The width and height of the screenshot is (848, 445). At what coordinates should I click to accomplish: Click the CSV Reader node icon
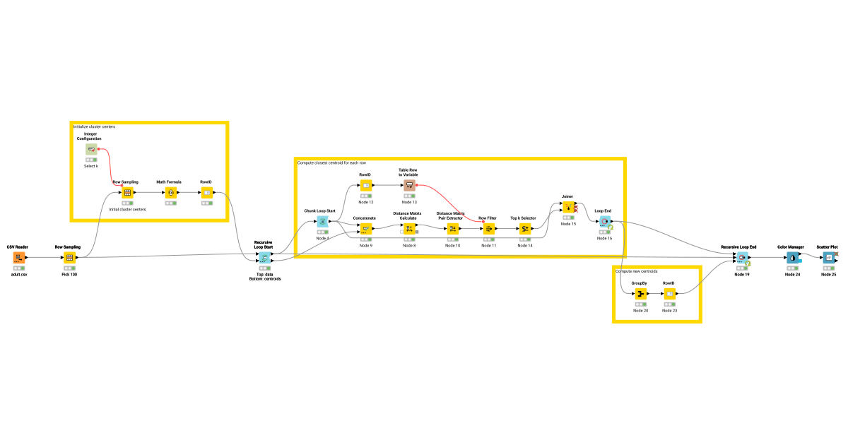[18, 258]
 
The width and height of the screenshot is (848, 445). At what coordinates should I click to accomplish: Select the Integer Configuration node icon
[91, 149]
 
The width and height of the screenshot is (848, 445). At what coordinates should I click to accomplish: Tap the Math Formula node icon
[170, 192]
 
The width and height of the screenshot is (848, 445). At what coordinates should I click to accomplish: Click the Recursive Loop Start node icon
[264, 258]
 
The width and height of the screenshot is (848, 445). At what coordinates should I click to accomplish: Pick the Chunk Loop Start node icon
[322, 221]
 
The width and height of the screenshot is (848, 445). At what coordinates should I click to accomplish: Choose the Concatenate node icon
[366, 228]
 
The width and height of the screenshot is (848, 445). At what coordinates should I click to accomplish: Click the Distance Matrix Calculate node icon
[409, 228]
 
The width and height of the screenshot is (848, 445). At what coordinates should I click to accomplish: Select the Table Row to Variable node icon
[409, 185]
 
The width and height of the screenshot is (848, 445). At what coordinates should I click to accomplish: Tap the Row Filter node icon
[488, 228]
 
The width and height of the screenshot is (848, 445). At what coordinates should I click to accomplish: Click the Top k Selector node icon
[525, 228]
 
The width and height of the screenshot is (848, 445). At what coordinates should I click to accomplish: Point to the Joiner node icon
[568, 207]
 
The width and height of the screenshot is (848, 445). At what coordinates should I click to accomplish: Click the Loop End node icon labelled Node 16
[605, 221]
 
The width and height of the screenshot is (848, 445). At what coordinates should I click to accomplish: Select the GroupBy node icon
[641, 293]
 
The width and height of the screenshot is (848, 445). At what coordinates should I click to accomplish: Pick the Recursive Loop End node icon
[741, 258]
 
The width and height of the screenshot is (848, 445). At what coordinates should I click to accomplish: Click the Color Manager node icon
[792, 258]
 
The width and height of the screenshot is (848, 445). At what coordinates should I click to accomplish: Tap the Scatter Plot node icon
[828, 258]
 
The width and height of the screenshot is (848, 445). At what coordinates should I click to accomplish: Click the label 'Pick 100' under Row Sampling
[69, 274]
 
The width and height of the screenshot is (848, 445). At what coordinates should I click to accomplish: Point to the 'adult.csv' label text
[19, 274]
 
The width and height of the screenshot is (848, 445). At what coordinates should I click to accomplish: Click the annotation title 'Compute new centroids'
[637, 271]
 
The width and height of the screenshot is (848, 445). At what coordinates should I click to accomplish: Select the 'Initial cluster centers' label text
[127, 209]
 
